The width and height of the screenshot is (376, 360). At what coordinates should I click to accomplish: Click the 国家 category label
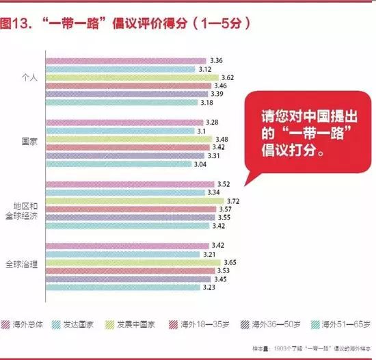coord(30,141)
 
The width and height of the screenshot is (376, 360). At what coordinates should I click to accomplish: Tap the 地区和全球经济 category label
coord(29,209)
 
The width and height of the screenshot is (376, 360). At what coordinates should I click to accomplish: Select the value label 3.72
coord(233,201)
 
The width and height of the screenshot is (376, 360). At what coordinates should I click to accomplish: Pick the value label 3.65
coord(230,263)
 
